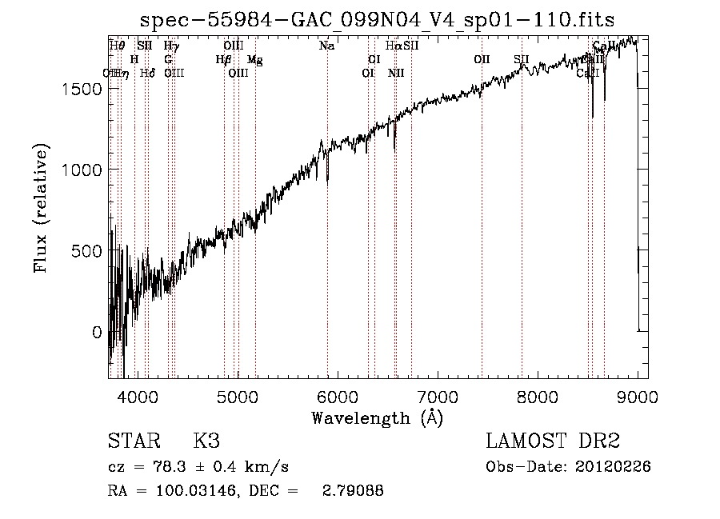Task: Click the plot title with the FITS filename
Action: click(x=377, y=19)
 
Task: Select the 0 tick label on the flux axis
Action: click(x=97, y=332)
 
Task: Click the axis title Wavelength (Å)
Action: click(x=377, y=417)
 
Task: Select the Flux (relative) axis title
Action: click(x=41, y=207)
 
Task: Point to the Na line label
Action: click(x=326, y=46)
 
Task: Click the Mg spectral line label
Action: click(x=254, y=60)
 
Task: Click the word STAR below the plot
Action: click(x=133, y=441)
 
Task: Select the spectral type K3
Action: click(x=206, y=441)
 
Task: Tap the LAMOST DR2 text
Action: click(x=553, y=441)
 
